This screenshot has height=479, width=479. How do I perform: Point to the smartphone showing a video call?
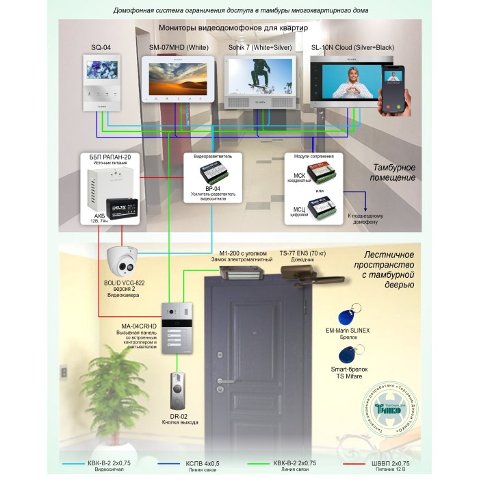coord(393,87)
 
